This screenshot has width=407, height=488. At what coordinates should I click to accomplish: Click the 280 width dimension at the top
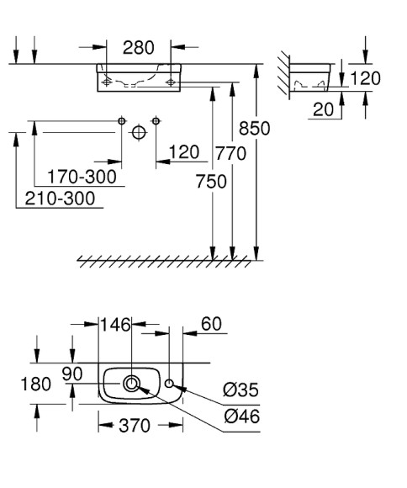click(139, 47)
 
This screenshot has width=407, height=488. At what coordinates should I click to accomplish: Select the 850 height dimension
click(254, 129)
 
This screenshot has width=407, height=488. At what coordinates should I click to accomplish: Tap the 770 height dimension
click(230, 154)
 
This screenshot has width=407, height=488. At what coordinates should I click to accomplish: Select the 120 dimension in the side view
click(366, 78)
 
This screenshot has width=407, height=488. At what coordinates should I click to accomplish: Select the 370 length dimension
click(135, 427)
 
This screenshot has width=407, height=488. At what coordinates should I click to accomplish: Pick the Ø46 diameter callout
click(241, 416)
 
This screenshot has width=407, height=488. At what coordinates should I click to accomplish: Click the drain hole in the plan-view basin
click(133, 385)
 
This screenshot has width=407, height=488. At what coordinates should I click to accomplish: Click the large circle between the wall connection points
click(139, 133)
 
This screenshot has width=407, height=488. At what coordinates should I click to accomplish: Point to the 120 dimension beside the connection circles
click(183, 152)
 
